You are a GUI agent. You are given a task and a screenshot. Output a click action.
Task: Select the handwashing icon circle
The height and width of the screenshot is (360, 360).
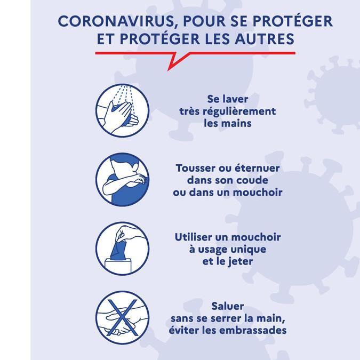coord(122,110)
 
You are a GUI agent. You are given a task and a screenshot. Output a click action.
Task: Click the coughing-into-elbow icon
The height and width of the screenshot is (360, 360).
coord(122,180)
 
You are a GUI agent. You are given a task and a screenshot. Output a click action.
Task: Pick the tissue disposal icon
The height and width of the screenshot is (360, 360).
coord(122,249)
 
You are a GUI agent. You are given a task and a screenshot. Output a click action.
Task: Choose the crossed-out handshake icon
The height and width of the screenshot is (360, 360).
coord(122,318)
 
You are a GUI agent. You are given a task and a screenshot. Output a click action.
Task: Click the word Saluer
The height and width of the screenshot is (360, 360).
coord(228,306)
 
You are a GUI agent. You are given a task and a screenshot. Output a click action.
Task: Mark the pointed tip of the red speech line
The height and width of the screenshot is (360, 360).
coord(169,70)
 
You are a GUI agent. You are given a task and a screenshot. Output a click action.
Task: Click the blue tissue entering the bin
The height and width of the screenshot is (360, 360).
coord(118,251)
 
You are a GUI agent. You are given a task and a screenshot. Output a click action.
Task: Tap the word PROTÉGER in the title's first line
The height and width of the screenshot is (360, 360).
coord(293,21)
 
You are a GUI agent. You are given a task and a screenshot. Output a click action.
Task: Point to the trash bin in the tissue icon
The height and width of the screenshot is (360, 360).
coord(118,266)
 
